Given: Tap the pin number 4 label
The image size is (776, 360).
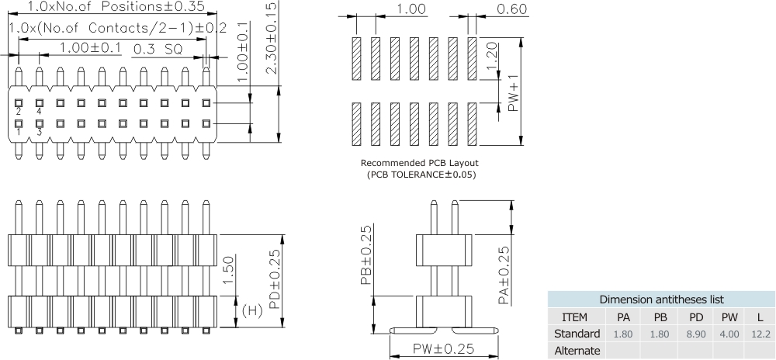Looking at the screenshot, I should (x=39, y=112).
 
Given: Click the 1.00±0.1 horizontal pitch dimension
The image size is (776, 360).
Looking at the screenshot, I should (x=91, y=48).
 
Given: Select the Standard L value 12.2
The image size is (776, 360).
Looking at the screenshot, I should (x=760, y=334).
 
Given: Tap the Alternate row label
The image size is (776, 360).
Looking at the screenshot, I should (x=576, y=350).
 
